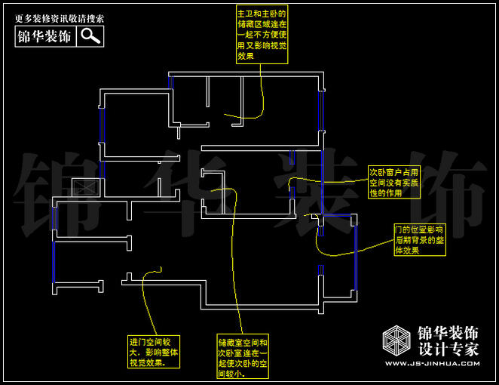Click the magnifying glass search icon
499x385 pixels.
(90, 35)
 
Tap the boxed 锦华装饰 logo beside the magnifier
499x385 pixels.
(45, 35)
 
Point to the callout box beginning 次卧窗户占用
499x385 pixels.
(393, 183)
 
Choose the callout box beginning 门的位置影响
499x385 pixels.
(420, 240)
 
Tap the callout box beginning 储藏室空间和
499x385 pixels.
(242, 357)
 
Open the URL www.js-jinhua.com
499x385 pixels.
(432, 364)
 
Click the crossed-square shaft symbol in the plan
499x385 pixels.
(81, 187)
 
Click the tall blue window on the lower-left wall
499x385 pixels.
(54, 261)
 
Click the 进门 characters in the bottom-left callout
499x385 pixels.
(136, 342)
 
